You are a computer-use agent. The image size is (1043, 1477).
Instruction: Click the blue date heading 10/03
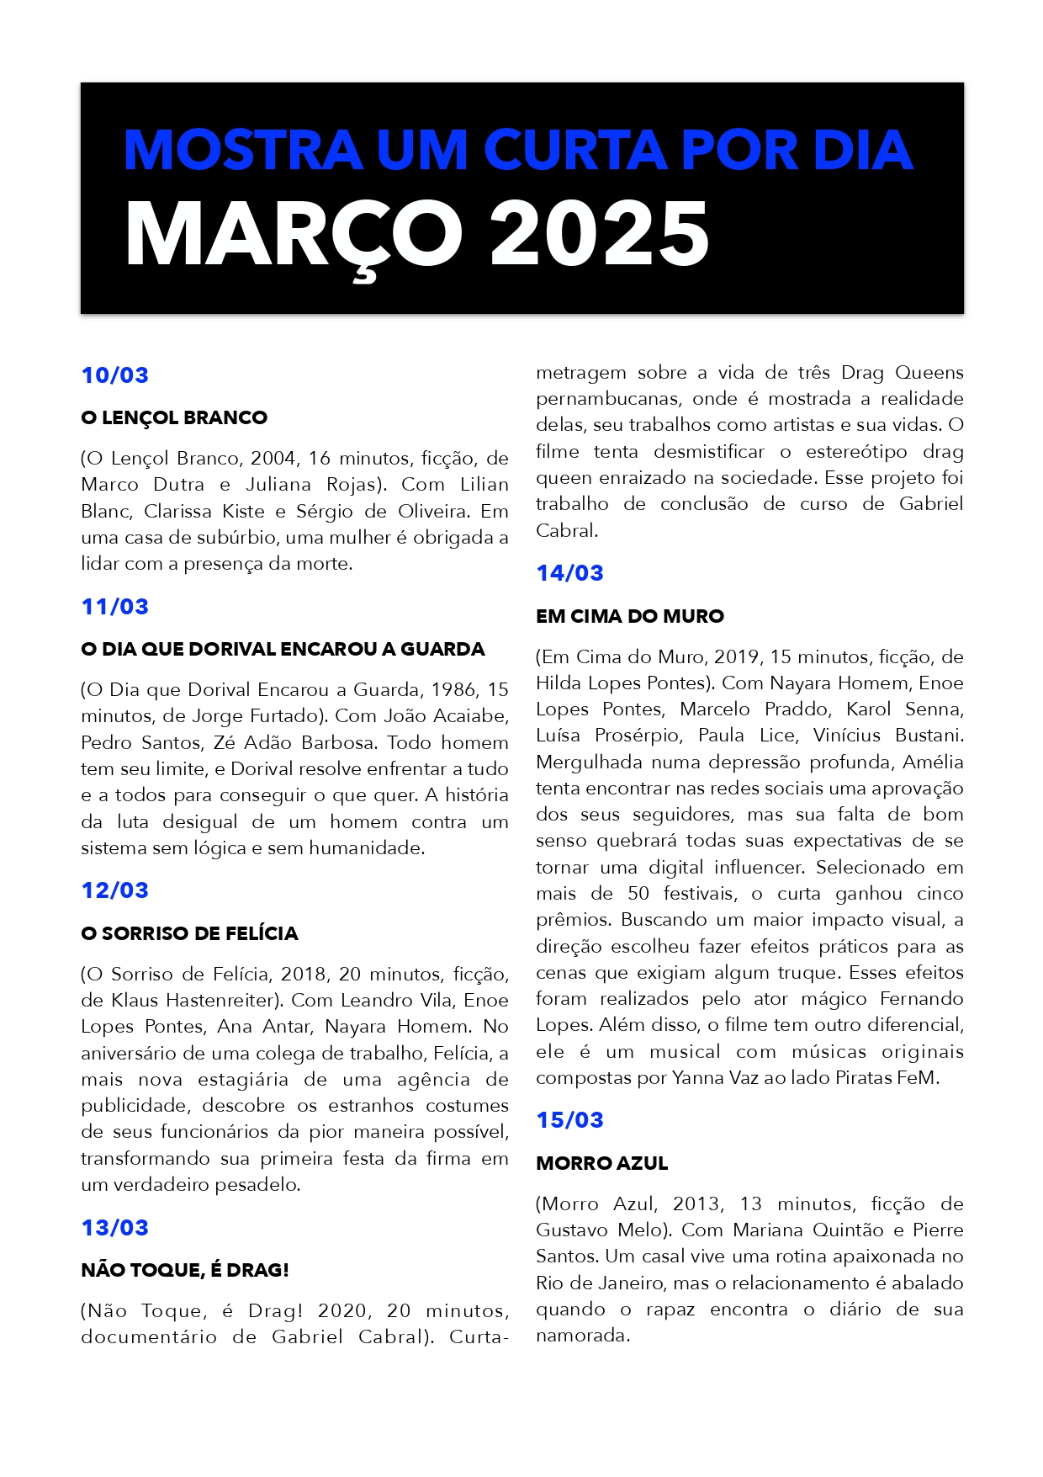[x=114, y=375]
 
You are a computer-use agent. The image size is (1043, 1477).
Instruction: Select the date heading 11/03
[x=114, y=607]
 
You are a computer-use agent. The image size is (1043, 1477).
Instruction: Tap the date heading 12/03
[x=114, y=890]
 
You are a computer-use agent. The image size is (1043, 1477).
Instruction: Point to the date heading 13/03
[x=114, y=1228]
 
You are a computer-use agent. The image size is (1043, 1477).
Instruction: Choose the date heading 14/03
[x=569, y=573]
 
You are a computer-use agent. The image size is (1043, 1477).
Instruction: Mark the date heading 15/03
[x=569, y=1120]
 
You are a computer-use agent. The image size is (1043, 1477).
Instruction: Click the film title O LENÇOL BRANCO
[x=174, y=417]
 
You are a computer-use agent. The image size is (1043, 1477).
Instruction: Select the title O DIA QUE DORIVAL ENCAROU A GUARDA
[x=283, y=649]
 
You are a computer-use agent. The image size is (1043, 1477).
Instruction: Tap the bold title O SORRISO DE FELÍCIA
[x=189, y=933]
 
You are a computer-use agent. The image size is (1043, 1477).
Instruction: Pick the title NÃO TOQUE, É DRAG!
[x=185, y=1270]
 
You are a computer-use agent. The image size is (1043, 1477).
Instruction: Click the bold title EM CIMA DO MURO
[x=629, y=616]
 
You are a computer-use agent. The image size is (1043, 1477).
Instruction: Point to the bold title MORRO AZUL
[x=601, y=1163]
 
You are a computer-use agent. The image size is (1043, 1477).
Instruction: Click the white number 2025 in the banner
[x=599, y=235]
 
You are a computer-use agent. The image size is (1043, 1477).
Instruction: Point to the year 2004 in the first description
[x=273, y=458]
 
